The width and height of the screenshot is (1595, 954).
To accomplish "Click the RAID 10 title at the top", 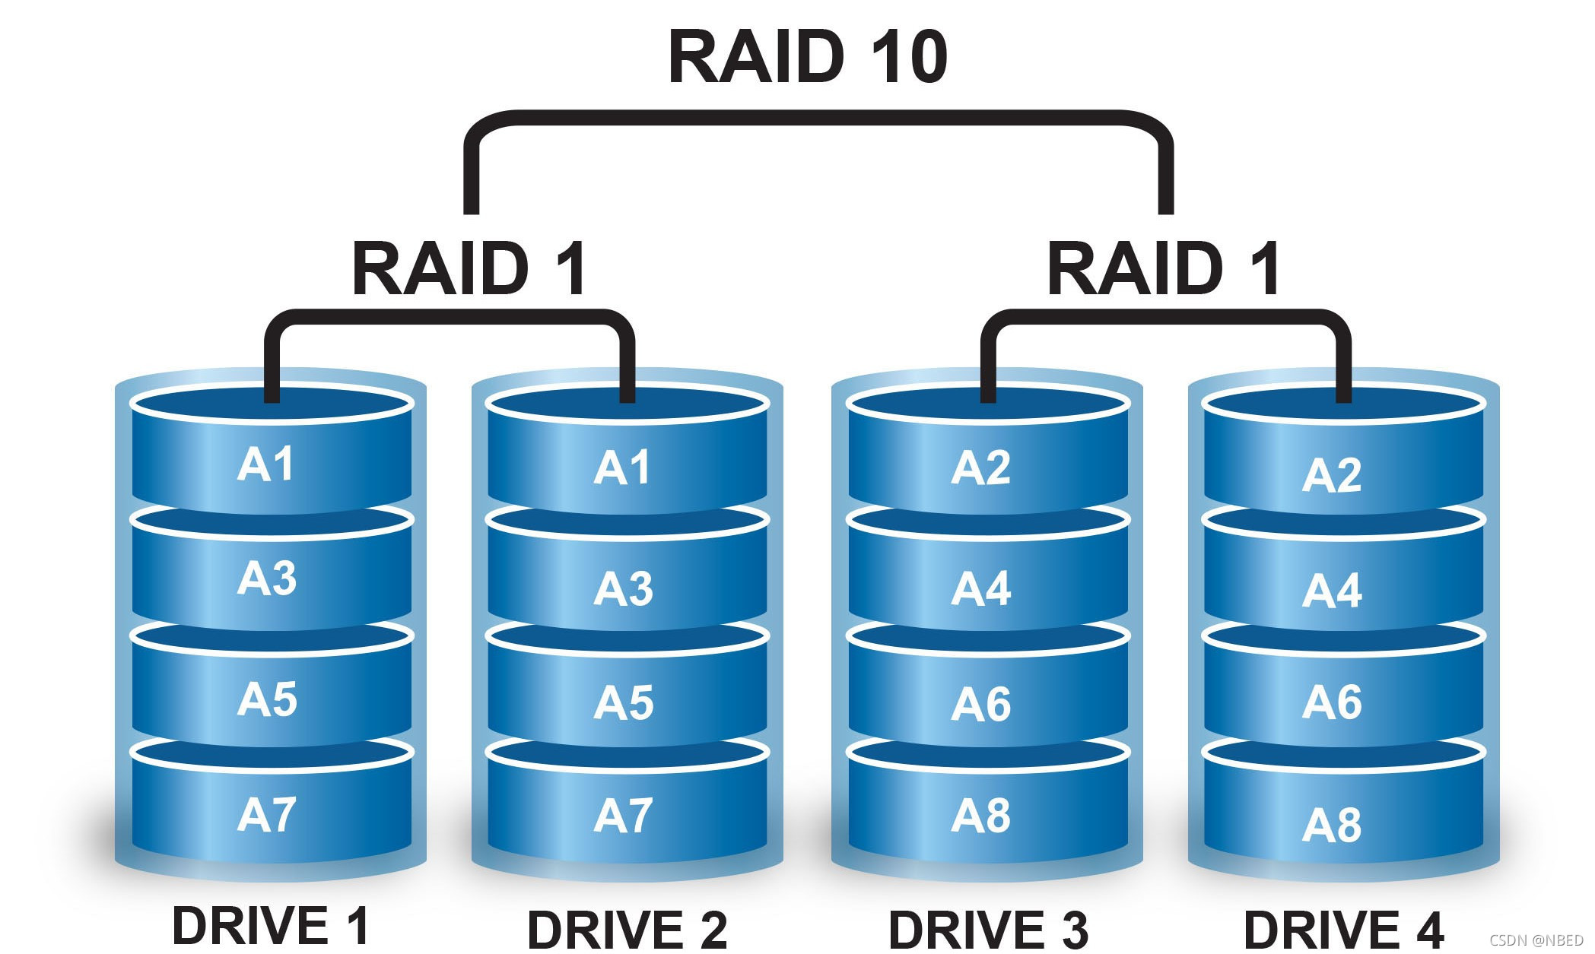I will coord(808,58).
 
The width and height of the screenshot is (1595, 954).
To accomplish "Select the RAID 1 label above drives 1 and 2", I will coord(469,268).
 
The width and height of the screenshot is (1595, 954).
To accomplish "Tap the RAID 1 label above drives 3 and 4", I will coord(1164,268).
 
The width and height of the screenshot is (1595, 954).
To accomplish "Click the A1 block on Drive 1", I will coord(266,464).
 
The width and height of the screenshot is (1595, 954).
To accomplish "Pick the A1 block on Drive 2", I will coord(622,467).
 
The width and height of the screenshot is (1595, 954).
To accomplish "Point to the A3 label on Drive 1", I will coord(266,578).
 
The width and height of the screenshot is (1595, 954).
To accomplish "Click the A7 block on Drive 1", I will coord(266,815).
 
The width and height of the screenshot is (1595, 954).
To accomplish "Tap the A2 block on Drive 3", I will coord(981,467).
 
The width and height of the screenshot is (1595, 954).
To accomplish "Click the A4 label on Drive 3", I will coord(981,588).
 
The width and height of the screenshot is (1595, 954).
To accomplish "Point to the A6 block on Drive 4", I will coord(1332,702).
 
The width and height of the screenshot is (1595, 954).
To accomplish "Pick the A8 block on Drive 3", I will coord(981,816).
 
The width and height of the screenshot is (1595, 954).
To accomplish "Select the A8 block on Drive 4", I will coord(1332,825).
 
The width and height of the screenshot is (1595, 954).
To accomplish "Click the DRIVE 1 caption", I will coord(271,925).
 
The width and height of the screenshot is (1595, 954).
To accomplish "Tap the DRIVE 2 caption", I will coord(628,929).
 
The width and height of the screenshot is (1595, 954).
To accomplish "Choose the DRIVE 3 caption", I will coord(988,929).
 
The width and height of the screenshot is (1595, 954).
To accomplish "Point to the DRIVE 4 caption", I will coord(1343,929).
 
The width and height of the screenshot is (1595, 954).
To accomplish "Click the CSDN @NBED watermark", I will coord(1536,940).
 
